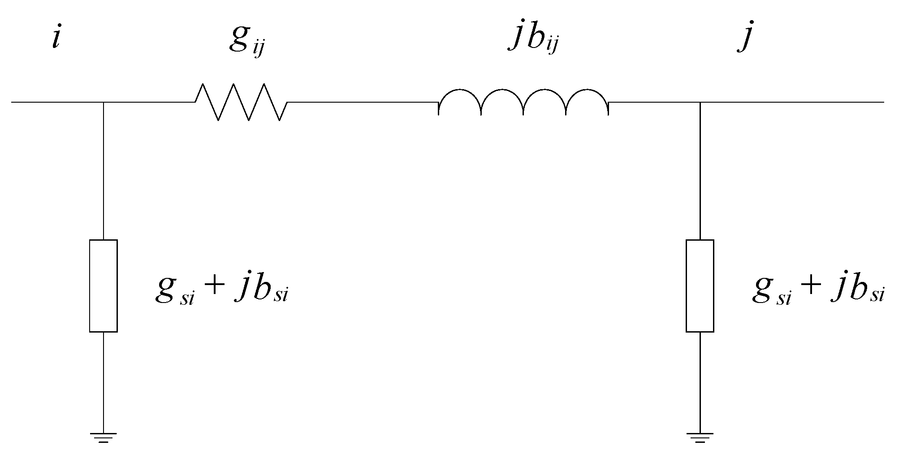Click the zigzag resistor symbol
pos(241,102)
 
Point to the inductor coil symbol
pos(523,101)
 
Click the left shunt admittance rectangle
pos(104,286)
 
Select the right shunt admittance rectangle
pos(700,286)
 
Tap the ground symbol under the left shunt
pos(104,437)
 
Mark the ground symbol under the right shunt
pos(700,437)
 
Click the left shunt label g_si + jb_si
pos(222,291)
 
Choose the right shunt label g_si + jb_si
pos(818,291)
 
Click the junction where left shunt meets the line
pos(104,102)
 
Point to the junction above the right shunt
pos(700,102)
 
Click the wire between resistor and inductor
pos(363,102)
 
